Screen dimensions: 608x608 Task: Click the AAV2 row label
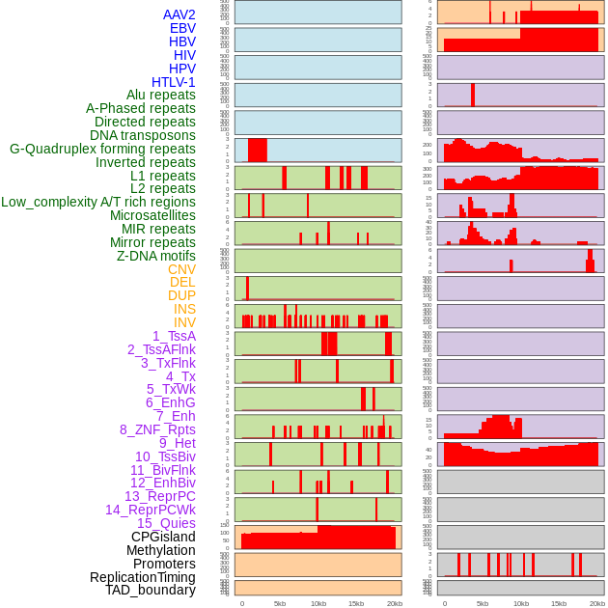(180, 14)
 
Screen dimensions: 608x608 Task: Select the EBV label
(182, 28)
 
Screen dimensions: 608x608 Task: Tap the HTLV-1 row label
(174, 82)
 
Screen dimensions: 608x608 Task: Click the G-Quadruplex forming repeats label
(102, 149)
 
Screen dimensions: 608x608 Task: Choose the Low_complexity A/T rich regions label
(98, 202)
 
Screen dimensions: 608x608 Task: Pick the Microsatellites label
(152, 215)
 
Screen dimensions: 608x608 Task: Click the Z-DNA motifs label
(156, 256)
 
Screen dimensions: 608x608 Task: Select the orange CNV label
(181, 269)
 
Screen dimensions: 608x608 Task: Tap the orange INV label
(184, 322)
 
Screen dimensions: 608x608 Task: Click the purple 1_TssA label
(174, 336)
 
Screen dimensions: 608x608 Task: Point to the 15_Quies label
(166, 523)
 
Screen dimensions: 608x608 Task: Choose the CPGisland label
(163, 537)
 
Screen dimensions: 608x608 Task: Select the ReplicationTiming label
(143, 577)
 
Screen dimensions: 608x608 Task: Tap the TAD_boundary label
(151, 590)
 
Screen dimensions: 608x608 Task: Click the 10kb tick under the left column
(318, 603)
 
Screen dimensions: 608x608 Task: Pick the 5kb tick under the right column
(483, 603)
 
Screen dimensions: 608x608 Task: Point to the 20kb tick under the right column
(596, 603)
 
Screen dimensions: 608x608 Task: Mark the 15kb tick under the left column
(355, 603)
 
